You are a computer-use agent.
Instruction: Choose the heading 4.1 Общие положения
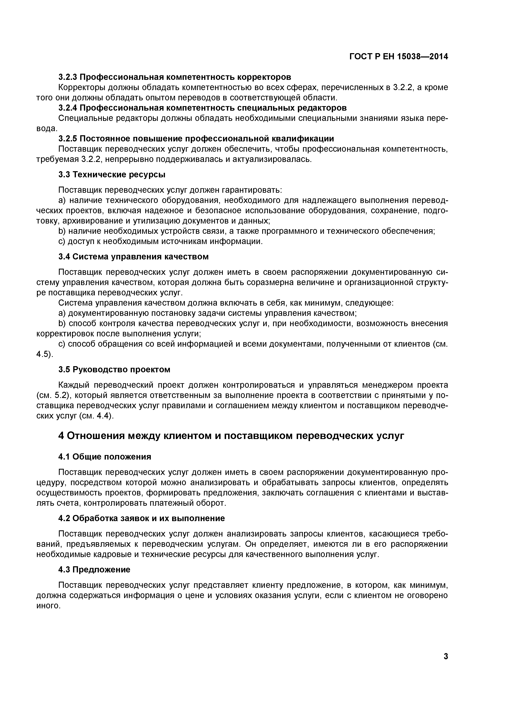tap(105, 457)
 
